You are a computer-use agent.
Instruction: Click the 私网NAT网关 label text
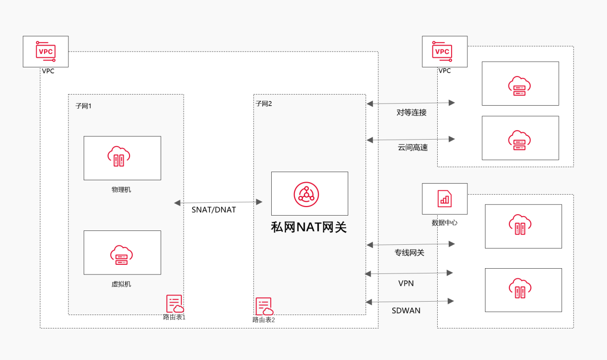(309, 227)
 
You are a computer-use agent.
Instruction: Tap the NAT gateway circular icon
(306, 194)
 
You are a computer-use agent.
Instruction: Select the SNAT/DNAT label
(214, 209)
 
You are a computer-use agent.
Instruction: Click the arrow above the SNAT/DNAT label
(219, 202)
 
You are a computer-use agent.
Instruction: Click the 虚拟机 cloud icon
(121, 255)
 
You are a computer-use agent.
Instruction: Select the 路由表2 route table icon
(264, 306)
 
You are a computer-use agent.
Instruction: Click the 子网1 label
(83, 106)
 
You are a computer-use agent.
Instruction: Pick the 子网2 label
(264, 103)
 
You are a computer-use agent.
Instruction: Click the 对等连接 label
(411, 112)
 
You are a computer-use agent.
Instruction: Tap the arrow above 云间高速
(410, 139)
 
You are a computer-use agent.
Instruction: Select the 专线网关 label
(409, 252)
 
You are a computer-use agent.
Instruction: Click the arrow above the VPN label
(408, 273)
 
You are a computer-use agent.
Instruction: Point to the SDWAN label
(406, 310)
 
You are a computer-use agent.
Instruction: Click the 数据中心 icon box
(444, 198)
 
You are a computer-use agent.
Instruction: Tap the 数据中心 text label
(444, 222)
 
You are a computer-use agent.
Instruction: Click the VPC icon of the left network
(46, 51)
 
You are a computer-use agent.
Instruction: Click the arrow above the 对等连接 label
(410, 103)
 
